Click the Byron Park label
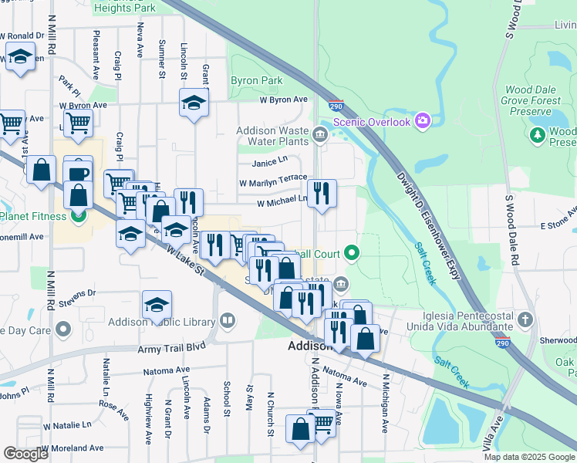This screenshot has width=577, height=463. click(256, 80)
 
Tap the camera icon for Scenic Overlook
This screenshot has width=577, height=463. click(422, 120)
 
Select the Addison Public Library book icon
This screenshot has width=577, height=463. click(227, 319)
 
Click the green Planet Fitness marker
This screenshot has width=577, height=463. click(77, 216)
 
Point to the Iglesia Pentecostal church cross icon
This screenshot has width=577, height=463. click(525, 319)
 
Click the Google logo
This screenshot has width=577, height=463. click(26, 454)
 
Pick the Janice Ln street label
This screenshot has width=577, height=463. click(268, 162)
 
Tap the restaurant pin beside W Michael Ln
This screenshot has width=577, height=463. click(322, 193)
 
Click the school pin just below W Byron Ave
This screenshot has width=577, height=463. click(194, 102)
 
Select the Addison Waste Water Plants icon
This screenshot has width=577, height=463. click(320, 136)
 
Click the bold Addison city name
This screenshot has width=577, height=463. click(309, 346)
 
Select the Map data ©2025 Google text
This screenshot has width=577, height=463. click(528, 457)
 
